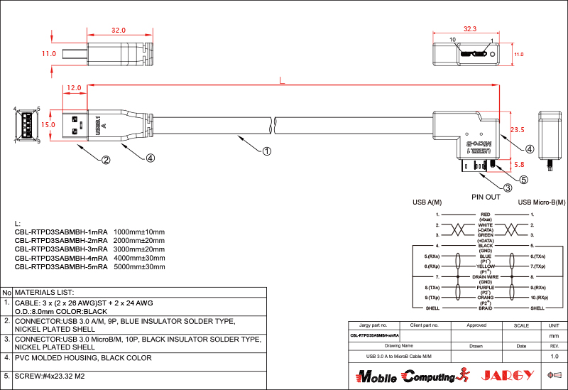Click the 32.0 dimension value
118,31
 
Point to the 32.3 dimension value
469,29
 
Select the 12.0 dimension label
73,89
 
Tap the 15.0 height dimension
48,124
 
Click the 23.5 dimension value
518,130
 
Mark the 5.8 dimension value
519,164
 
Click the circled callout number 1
266,151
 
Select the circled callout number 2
105,160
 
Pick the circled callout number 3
508,188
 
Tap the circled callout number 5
524,180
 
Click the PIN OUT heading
486,197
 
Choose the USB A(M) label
427,202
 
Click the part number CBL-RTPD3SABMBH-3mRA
61,250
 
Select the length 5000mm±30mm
139,268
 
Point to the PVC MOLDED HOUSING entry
83,358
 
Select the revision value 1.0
555,355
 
